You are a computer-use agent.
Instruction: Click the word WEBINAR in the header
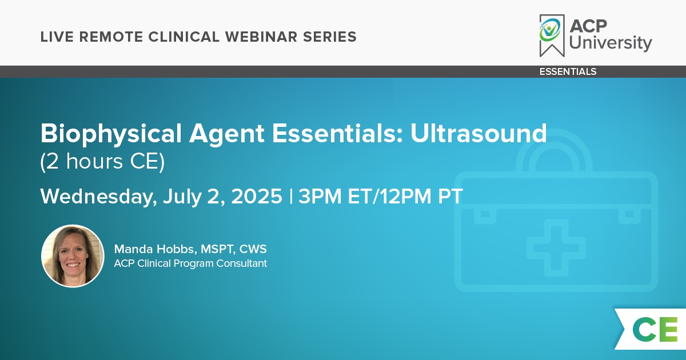(261, 37)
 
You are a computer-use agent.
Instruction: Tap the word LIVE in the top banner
(57, 37)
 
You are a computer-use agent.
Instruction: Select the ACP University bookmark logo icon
(552, 35)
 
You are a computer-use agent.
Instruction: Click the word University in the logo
(611, 43)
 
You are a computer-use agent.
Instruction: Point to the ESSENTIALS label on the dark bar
(568, 71)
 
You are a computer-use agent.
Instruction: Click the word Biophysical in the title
(111, 134)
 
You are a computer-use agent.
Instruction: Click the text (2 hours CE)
(102, 161)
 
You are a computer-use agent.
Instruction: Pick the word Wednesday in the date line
(98, 197)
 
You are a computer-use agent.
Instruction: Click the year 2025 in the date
(257, 196)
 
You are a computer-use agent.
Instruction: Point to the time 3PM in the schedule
(320, 196)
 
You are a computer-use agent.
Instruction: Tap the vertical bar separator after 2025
(290, 196)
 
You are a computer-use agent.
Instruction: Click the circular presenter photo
(73, 256)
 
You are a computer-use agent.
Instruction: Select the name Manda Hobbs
(155, 249)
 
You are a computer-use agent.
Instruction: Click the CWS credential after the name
(253, 249)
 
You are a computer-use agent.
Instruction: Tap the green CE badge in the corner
(651, 329)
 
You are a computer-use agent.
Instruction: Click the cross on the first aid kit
(556, 248)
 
